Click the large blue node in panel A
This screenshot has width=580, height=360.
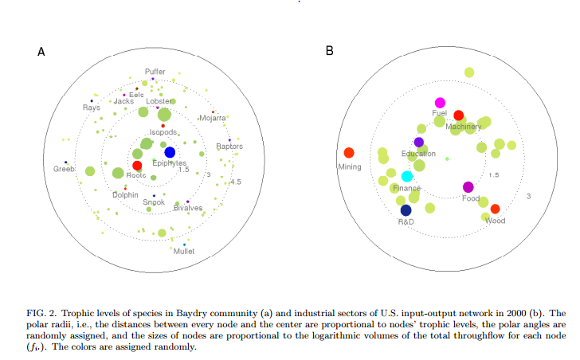pyautogui.click(x=170, y=152)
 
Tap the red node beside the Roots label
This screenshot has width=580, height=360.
pyautogui.click(x=137, y=166)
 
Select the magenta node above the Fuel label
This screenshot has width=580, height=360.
pyautogui.click(x=440, y=103)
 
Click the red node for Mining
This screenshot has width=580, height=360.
pyautogui.click(x=348, y=153)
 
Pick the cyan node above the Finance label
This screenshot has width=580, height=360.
pyautogui.click(x=407, y=176)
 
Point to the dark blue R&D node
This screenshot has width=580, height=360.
pyautogui.click(x=406, y=210)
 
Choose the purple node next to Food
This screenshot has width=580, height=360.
pyautogui.click(x=468, y=186)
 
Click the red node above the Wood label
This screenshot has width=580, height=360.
pyautogui.click(x=496, y=209)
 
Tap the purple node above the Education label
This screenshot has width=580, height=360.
pyautogui.click(x=419, y=142)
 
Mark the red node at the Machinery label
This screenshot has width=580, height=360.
pyautogui.click(x=458, y=115)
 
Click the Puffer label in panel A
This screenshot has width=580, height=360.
pyautogui.click(x=155, y=72)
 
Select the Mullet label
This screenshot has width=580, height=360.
pyautogui.click(x=184, y=252)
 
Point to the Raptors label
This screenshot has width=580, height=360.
pyautogui.click(x=229, y=147)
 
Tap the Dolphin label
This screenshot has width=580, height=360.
pyautogui.click(x=125, y=194)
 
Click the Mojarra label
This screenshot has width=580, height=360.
pyautogui.click(x=213, y=119)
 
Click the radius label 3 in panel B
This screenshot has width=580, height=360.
pyautogui.click(x=527, y=196)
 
